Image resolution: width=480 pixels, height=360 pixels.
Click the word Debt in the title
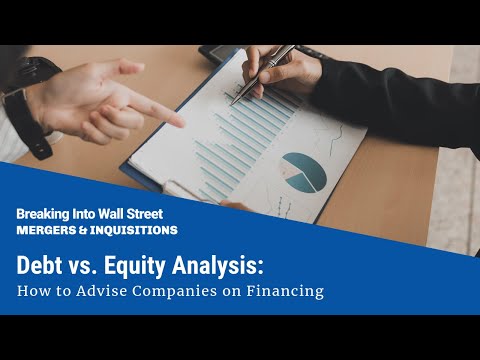pos(41,266)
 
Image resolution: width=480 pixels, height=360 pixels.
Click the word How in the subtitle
pos(33,293)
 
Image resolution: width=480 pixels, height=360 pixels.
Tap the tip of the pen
pos(233,102)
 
